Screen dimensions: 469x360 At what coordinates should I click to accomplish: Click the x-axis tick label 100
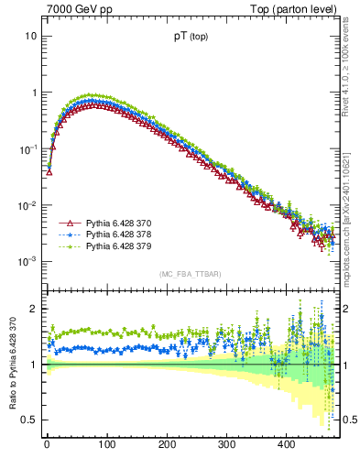106,444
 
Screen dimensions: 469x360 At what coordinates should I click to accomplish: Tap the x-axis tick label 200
167,444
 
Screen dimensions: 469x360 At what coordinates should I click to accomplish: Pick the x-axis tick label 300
226,444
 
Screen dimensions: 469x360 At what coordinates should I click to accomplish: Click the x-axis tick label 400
287,444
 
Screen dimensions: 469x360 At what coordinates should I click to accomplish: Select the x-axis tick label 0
47,444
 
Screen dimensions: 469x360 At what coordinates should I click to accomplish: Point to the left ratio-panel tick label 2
33,309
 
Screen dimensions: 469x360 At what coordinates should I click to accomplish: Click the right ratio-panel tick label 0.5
348,420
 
